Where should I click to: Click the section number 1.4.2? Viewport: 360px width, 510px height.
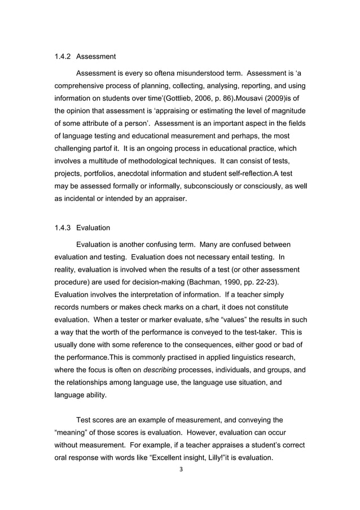pyautogui.click(x=62, y=56)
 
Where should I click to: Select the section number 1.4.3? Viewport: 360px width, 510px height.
pyautogui.click(x=62, y=228)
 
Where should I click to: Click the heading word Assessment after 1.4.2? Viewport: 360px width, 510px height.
pyautogui.click(x=96, y=56)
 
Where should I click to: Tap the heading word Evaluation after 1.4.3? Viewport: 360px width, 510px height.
pyautogui.click(x=93, y=228)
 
